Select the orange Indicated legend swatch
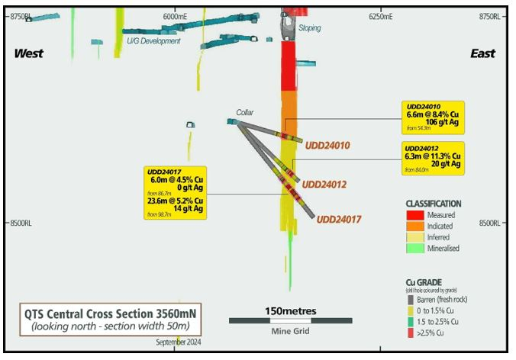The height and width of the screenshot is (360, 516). point(415,227)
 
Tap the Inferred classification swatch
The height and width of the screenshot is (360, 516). point(415,237)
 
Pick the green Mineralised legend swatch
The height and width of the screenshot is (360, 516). point(415,248)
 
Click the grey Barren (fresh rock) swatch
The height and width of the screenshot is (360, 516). point(411,300)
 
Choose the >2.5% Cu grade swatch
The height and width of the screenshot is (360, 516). point(411,333)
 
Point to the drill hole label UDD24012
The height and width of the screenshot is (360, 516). point(324,185)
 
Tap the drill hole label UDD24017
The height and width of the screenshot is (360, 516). point(339,219)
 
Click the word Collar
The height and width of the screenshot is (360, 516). point(245,112)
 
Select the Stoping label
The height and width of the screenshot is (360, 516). point(309,28)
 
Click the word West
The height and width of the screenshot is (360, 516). point(28,53)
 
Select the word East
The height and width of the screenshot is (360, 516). point(482,53)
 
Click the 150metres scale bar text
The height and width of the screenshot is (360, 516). point(280,311)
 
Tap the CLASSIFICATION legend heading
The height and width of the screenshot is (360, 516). point(433,204)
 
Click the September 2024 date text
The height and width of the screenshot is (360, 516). point(179,342)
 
